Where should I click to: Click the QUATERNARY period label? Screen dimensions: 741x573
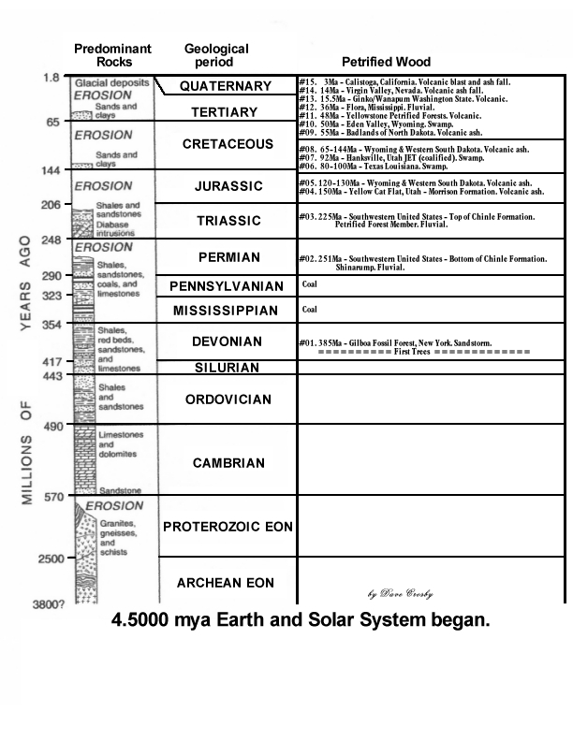[x=226, y=86]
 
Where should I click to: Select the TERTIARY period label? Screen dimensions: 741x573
[x=224, y=112]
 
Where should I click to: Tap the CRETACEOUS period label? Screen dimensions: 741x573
[x=228, y=144]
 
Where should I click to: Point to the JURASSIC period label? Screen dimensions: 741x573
[x=228, y=186]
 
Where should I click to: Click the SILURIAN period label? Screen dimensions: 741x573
[x=227, y=368]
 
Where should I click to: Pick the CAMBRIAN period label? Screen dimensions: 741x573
[x=228, y=463]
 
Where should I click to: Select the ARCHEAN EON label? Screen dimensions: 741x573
[x=226, y=583]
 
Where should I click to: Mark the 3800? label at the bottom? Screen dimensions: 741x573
[x=49, y=604]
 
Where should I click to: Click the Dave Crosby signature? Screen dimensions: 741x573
[x=400, y=594]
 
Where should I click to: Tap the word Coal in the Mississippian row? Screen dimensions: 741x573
[x=310, y=308]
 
